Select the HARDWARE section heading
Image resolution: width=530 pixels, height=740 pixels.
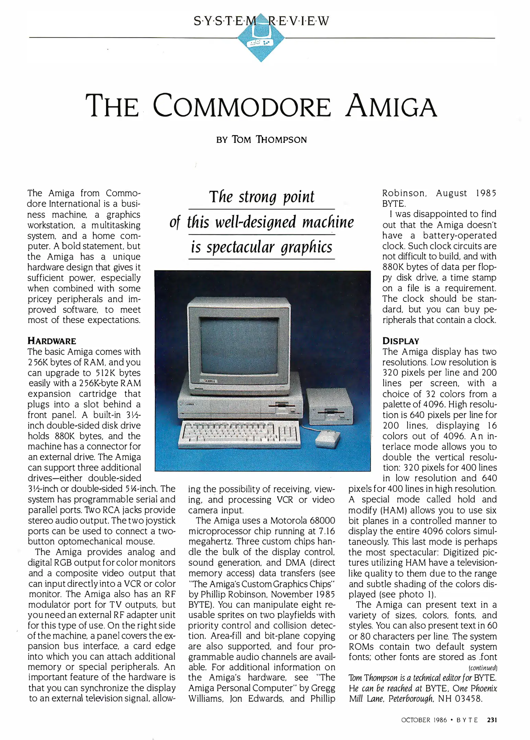point(52,341)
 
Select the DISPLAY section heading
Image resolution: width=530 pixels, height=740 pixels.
point(401,341)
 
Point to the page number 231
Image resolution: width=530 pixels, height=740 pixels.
point(492,720)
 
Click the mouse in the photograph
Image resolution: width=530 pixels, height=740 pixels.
point(328,439)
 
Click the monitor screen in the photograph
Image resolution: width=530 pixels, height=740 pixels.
point(239,346)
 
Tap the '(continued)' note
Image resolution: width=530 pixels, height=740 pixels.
point(483,668)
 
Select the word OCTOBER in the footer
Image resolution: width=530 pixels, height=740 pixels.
point(415,720)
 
